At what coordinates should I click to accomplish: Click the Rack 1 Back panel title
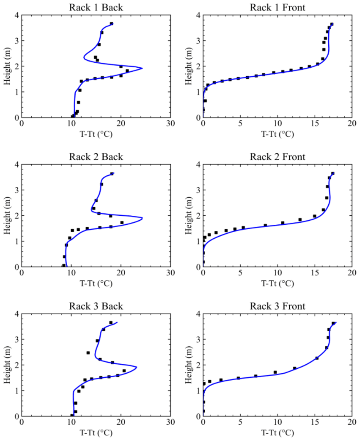tap(96, 8)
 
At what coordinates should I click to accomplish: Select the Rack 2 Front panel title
tap(278, 157)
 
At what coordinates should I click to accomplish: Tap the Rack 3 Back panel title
tap(96, 306)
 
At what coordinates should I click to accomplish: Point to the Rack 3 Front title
tap(278, 306)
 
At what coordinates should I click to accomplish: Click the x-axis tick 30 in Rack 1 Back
tap(171, 124)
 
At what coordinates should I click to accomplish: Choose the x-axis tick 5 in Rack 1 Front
tap(240, 124)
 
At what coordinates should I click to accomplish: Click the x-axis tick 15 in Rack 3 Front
tap(315, 422)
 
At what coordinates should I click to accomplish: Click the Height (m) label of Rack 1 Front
tap(188, 66)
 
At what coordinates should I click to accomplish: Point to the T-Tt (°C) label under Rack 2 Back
tap(96, 284)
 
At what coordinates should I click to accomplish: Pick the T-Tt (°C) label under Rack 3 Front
tap(278, 433)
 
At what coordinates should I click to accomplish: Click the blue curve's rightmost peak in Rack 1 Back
tap(143, 68)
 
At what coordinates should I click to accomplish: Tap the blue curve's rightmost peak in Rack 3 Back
tap(136, 367)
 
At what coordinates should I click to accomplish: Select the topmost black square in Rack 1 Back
tap(112, 23)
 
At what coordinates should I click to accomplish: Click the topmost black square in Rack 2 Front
tap(333, 173)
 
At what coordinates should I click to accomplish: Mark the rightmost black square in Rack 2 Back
tap(122, 223)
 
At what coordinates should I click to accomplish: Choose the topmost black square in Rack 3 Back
tap(111, 323)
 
